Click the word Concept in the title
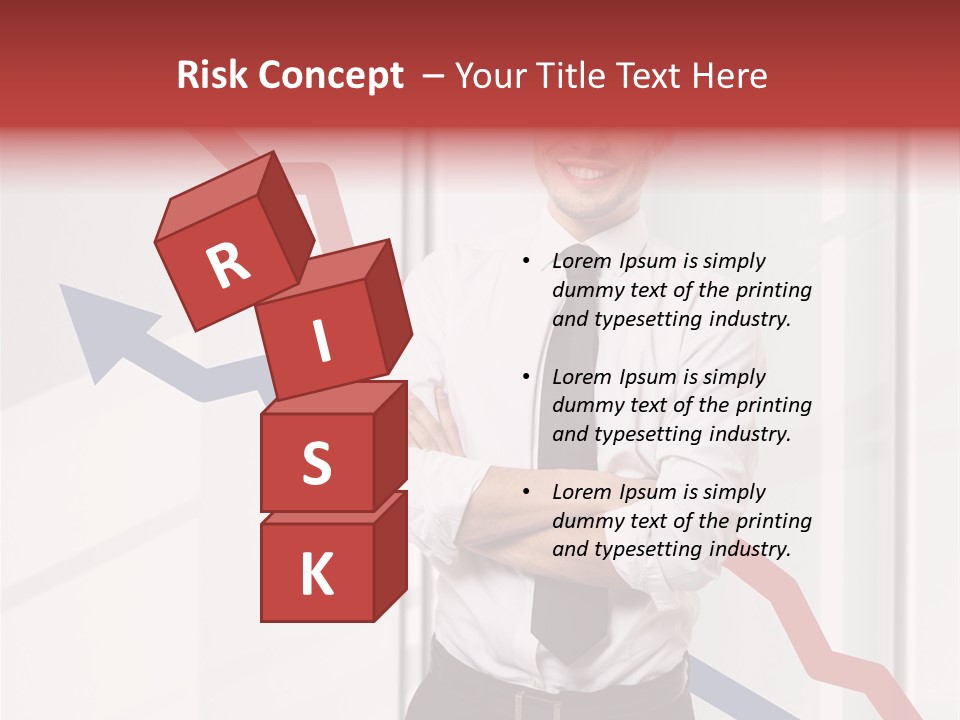pos(331,76)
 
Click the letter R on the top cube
pos(228,266)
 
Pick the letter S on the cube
pos(316,464)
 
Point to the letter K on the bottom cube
pos(316,575)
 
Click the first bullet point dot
pos(526,262)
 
